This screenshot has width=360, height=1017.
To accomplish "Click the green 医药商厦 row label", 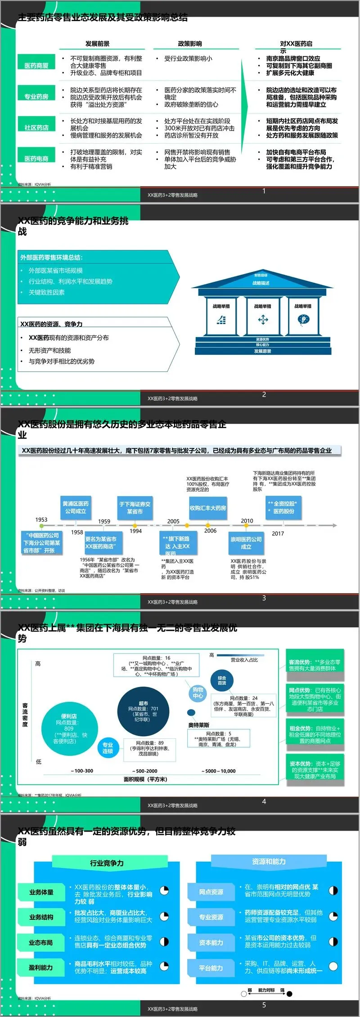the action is pos(36,66).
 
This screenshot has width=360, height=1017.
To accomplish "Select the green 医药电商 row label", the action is pos(36,158).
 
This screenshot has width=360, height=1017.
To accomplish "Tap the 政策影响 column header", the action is pos(190,44).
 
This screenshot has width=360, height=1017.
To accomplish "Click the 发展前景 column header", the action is pos(97,44).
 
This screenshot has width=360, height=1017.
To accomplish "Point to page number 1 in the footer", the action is pos(264,191).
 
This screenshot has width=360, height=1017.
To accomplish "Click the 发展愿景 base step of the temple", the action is pos(262,351).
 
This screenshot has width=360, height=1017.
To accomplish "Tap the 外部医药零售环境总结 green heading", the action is pos(52,258).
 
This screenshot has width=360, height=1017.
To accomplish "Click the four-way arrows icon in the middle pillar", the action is pos(262,320).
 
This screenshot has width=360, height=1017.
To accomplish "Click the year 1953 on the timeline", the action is pos(41,520).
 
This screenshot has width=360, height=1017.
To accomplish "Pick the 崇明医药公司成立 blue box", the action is pos(246,543).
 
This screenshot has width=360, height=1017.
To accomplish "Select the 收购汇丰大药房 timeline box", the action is pos(207,508).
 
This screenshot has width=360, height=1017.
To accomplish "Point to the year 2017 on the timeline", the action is pos(278,533).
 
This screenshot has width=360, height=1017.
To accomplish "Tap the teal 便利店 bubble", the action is pos(69,728).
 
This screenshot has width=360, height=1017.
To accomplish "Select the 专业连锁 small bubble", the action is pos(108,748).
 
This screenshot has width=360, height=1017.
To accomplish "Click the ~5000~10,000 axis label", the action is pos(218,771).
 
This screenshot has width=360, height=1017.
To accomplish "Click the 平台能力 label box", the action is pos(211,968).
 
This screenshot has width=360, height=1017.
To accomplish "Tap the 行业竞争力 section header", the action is pos(107,863).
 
